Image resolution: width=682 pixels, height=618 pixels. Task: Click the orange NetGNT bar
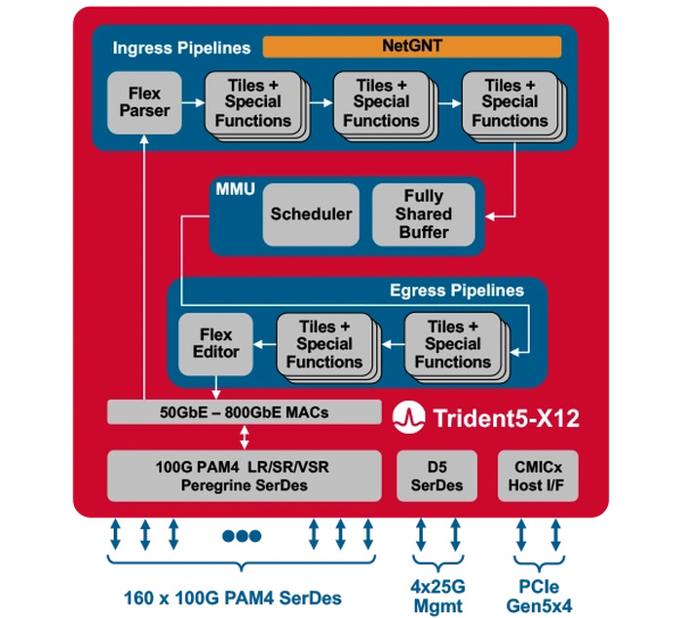pos(412,46)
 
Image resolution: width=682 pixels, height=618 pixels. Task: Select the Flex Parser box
pos(144,101)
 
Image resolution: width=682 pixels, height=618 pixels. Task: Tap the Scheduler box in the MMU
pos(312,214)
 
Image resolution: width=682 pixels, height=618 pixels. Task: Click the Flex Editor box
pos(215,343)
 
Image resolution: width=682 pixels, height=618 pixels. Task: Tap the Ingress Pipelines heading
pos(181,47)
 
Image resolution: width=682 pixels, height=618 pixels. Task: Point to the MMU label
pos(234,189)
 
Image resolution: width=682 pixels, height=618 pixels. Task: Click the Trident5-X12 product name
pos(500,419)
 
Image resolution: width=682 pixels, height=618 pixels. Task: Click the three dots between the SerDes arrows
pos(242,535)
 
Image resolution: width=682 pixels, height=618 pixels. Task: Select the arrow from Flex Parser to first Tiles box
pos(191,101)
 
